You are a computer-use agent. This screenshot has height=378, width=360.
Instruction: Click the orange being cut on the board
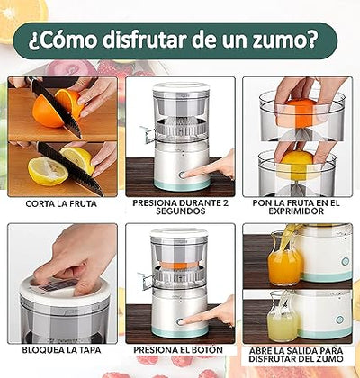coord(49,110)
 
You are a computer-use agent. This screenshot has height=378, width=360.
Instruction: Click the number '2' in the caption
coord(227,204)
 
